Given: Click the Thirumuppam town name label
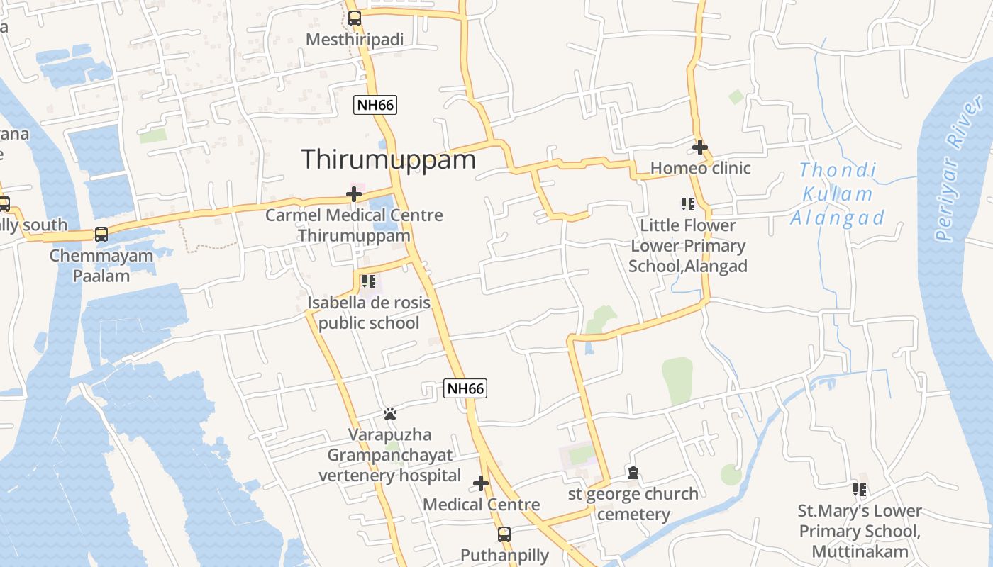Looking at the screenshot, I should (x=388, y=159).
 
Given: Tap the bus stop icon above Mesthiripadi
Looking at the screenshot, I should (x=354, y=18).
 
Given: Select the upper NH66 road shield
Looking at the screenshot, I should (x=375, y=105).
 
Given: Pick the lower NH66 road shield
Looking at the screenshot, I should (x=465, y=388).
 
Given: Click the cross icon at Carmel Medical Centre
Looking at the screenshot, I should (x=354, y=193).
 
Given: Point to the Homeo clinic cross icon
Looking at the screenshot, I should (x=700, y=147).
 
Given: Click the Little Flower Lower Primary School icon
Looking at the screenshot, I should (x=687, y=204).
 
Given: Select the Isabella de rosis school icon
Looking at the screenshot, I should (x=368, y=281).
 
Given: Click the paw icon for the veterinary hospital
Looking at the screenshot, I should (x=389, y=413).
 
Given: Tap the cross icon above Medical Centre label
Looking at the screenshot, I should (x=481, y=483).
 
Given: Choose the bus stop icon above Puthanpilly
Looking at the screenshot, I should (x=504, y=534).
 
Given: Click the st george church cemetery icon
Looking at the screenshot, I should (x=633, y=472).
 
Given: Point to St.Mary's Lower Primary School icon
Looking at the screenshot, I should (x=860, y=489).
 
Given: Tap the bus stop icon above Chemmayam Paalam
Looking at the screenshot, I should (x=101, y=234).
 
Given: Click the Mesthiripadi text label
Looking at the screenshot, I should (x=354, y=40).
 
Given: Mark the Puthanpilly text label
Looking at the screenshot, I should (x=504, y=555).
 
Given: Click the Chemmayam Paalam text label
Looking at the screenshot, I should (x=101, y=265).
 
